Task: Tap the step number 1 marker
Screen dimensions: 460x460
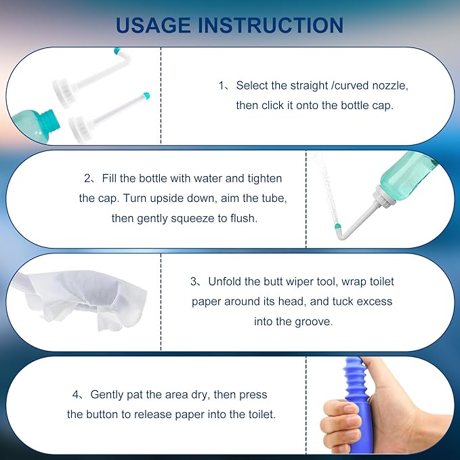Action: [x=222, y=86]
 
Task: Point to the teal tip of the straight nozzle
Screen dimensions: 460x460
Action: [x=144, y=95]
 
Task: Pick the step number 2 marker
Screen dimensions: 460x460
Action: [x=87, y=179]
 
